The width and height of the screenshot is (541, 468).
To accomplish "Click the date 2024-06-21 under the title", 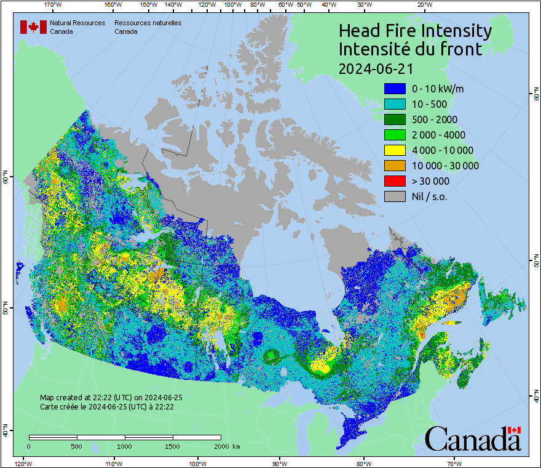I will (376, 68).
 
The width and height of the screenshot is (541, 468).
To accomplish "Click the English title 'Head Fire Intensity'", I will (415, 31).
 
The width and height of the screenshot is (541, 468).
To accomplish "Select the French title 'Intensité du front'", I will (411, 49).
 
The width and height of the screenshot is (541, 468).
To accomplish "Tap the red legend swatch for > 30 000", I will (395, 181).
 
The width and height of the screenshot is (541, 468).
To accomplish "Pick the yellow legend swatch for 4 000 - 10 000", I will (395, 150).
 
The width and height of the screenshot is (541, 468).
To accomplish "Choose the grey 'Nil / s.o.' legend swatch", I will (395, 196).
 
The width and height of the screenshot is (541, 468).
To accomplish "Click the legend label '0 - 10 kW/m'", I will (438, 89).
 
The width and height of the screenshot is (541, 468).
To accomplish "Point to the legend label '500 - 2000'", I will (435, 119).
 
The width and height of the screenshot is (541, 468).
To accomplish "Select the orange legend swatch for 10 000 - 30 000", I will (395, 166).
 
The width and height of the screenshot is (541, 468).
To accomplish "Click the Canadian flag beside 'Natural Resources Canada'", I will (33, 27).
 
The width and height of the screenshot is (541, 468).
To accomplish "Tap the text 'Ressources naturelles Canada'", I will (148, 27).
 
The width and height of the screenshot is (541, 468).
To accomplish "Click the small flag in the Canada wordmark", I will (514, 430).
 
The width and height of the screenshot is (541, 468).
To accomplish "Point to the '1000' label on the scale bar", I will (125, 446).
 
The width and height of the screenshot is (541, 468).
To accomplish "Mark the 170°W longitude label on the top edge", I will (53, 4).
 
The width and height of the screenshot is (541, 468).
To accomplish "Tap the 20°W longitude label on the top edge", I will (423, 4).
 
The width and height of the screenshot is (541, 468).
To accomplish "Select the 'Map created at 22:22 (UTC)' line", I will (111, 398).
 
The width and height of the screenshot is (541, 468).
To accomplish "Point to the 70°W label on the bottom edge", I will (454, 463).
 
